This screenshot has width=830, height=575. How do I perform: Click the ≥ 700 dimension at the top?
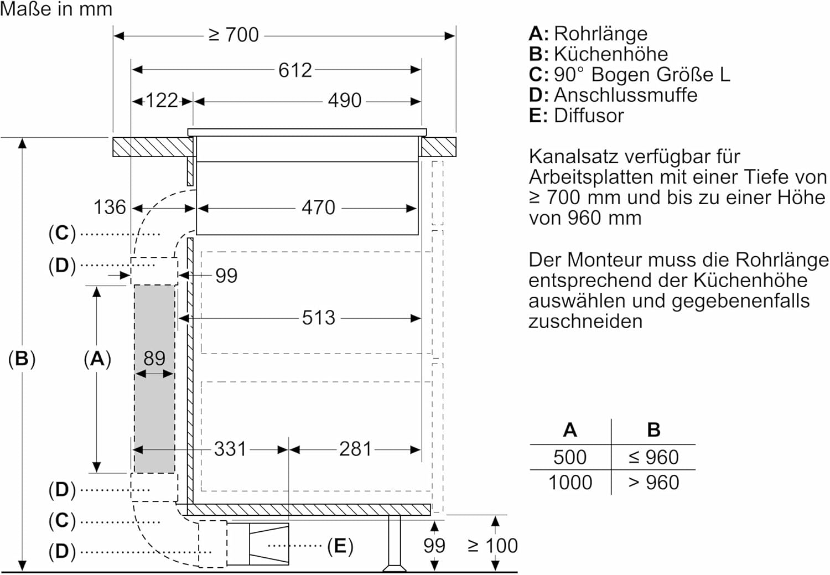[234, 35]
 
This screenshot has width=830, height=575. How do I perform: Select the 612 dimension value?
[295, 70]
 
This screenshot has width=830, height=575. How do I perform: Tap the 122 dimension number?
[162, 100]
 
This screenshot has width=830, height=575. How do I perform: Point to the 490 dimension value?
[345, 100]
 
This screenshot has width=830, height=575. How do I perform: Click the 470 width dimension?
[318, 208]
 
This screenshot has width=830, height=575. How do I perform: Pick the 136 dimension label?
[110, 207]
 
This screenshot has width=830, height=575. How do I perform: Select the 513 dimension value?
[319, 318]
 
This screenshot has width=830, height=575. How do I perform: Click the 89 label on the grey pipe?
[154, 358]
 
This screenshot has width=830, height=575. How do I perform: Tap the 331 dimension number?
[230, 449]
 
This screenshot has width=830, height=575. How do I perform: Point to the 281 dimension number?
[355, 449]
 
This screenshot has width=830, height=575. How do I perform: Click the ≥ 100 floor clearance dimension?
[493, 546]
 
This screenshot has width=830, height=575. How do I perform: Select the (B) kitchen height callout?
[22, 359]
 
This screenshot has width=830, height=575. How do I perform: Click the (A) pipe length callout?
[97, 359]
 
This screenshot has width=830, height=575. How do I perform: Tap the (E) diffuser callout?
[340, 546]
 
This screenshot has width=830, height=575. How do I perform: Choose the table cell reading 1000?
[570, 483]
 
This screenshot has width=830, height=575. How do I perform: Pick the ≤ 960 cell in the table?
[654, 457]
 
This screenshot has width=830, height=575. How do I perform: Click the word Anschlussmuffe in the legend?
[625, 95]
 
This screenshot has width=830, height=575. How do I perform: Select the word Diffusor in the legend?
[589, 116]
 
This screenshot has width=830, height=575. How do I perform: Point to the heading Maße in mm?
[56, 9]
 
